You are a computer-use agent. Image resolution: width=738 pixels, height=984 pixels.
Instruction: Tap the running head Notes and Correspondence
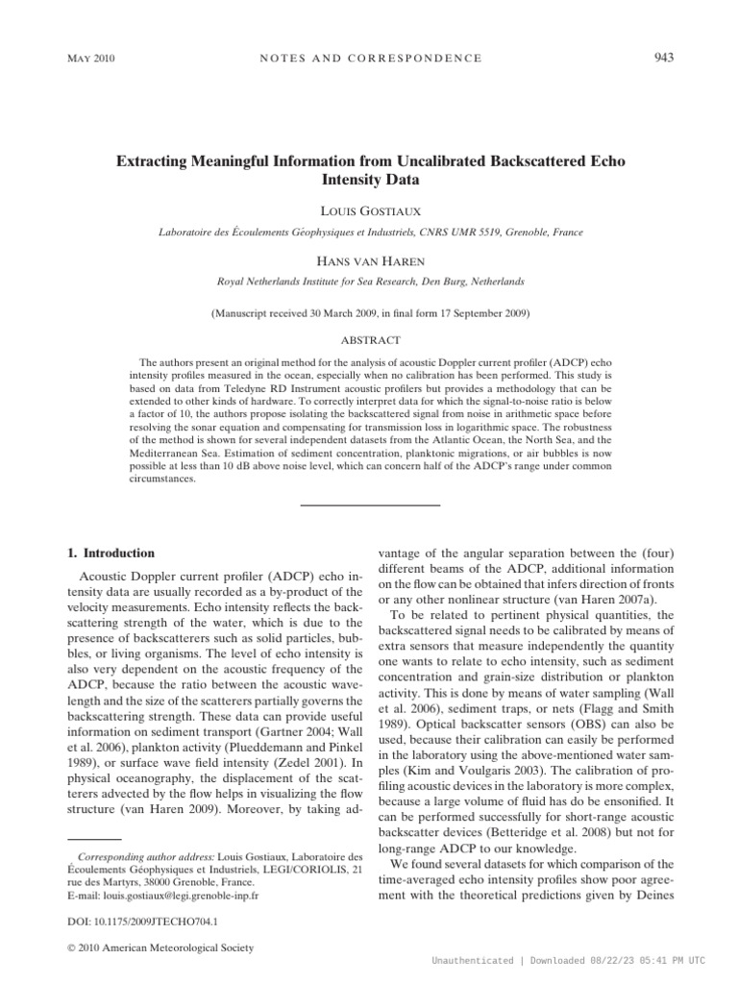369,59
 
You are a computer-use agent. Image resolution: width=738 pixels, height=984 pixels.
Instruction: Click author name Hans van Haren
369,261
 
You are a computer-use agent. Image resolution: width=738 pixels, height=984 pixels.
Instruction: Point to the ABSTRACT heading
370,340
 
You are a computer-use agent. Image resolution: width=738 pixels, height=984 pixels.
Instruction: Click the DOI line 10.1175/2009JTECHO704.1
139,920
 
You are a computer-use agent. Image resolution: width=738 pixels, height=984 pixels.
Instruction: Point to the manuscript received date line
369,313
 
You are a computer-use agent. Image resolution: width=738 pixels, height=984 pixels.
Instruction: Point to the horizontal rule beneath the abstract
369,504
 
